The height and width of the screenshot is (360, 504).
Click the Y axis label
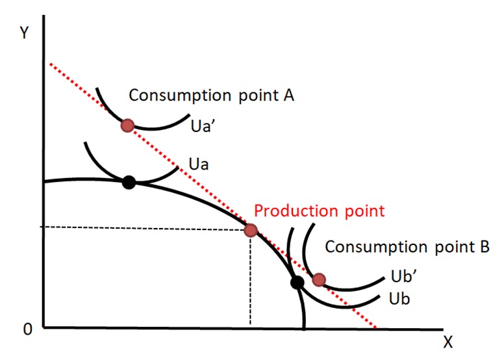[24, 33]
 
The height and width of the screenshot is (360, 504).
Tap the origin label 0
[27, 329]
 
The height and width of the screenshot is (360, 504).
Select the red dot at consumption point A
[128, 125]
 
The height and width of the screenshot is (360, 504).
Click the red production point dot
[251, 229]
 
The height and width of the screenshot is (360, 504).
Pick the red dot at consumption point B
[318, 279]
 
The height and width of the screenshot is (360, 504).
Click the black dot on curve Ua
[129, 183]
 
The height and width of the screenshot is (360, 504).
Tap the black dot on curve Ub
[297, 283]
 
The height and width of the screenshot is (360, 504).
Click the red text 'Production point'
[319, 211]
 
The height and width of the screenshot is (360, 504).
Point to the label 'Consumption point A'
[212, 96]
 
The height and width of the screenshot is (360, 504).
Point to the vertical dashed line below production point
[250, 279]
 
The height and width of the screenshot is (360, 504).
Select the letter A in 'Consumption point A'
[289, 96]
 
